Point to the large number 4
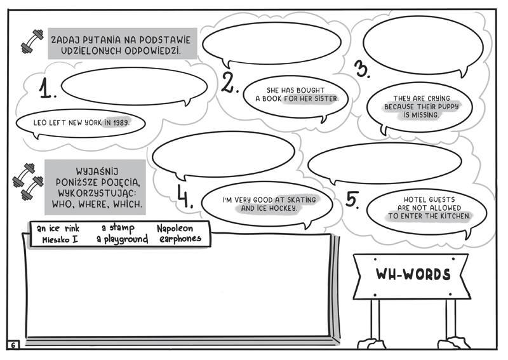coord(185,197)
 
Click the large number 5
coord(353,199)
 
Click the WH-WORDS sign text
coord(413,274)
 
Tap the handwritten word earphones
coord(180,239)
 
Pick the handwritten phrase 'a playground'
coord(122,239)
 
